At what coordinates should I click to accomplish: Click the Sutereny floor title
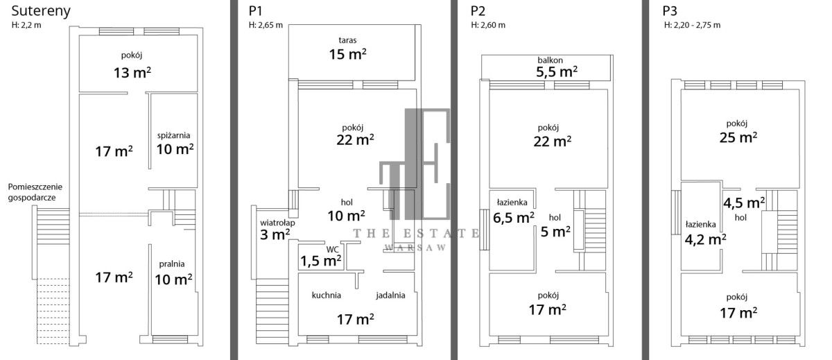(41, 11)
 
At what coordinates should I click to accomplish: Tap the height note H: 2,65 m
(266, 25)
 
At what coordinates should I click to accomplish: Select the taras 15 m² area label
(347, 54)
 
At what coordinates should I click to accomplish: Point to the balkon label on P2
(550, 60)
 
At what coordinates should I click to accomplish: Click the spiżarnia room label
(173, 135)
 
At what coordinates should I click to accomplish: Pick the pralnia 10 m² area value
(173, 280)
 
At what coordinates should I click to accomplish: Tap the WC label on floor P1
(332, 249)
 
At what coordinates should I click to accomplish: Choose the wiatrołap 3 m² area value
(275, 235)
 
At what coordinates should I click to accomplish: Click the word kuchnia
(326, 295)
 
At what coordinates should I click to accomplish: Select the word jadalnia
(390, 295)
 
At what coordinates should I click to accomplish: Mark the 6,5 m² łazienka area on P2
(514, 217)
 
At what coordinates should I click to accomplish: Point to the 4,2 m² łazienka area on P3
(705, 239)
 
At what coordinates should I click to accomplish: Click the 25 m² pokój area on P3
(738, 137)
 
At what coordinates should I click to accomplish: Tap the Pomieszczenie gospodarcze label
(35, 192)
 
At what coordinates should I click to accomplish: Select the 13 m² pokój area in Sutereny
(132, 72)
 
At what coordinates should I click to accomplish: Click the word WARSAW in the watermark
(415, 248)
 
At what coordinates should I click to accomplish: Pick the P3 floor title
(670, 11)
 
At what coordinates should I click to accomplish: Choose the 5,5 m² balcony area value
(556, 71)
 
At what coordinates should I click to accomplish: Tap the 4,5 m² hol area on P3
(744, 203)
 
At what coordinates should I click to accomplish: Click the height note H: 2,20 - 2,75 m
(693, 25)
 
